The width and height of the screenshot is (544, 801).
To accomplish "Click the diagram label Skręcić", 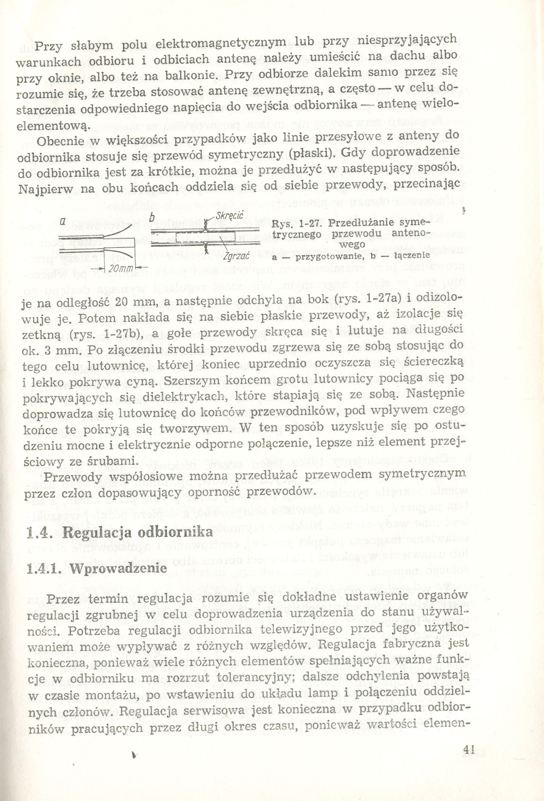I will coord(229,216).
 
